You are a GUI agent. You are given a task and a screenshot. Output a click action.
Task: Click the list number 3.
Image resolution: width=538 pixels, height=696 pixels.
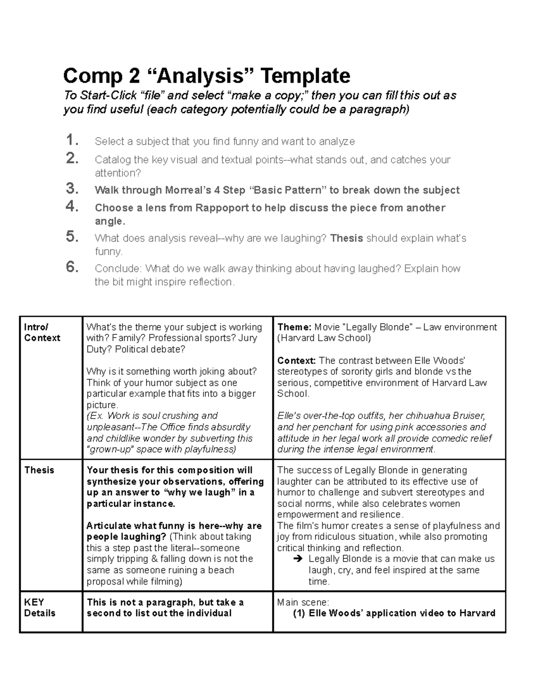72,189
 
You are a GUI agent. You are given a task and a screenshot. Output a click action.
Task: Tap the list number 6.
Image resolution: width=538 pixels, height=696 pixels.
72,267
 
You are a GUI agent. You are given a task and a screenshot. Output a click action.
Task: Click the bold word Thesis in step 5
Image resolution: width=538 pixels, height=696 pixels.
346,238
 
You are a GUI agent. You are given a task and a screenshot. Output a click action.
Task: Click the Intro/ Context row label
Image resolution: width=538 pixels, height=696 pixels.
42,333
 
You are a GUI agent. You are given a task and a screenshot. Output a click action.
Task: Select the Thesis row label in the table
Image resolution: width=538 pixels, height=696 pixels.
39,470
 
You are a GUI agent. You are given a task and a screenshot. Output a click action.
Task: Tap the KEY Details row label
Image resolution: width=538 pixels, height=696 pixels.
39,608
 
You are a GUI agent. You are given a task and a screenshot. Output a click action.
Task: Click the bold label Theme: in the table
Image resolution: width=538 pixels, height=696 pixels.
294,327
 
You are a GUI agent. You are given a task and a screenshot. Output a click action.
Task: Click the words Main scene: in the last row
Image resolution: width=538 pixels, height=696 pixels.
303,602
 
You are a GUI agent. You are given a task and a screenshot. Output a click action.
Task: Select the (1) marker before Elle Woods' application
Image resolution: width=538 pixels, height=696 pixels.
299,614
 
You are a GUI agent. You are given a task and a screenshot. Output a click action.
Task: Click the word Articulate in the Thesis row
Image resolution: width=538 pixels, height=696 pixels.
108,526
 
